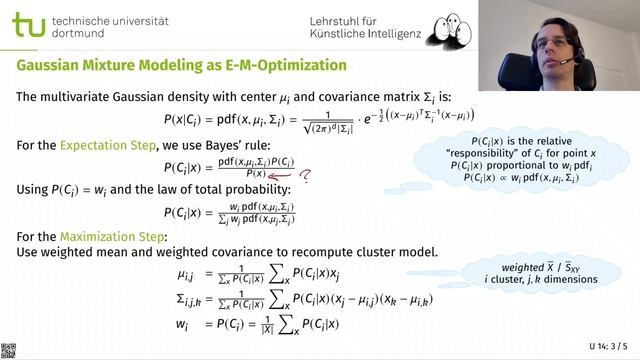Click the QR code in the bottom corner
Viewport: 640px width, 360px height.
tap(8, 350)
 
